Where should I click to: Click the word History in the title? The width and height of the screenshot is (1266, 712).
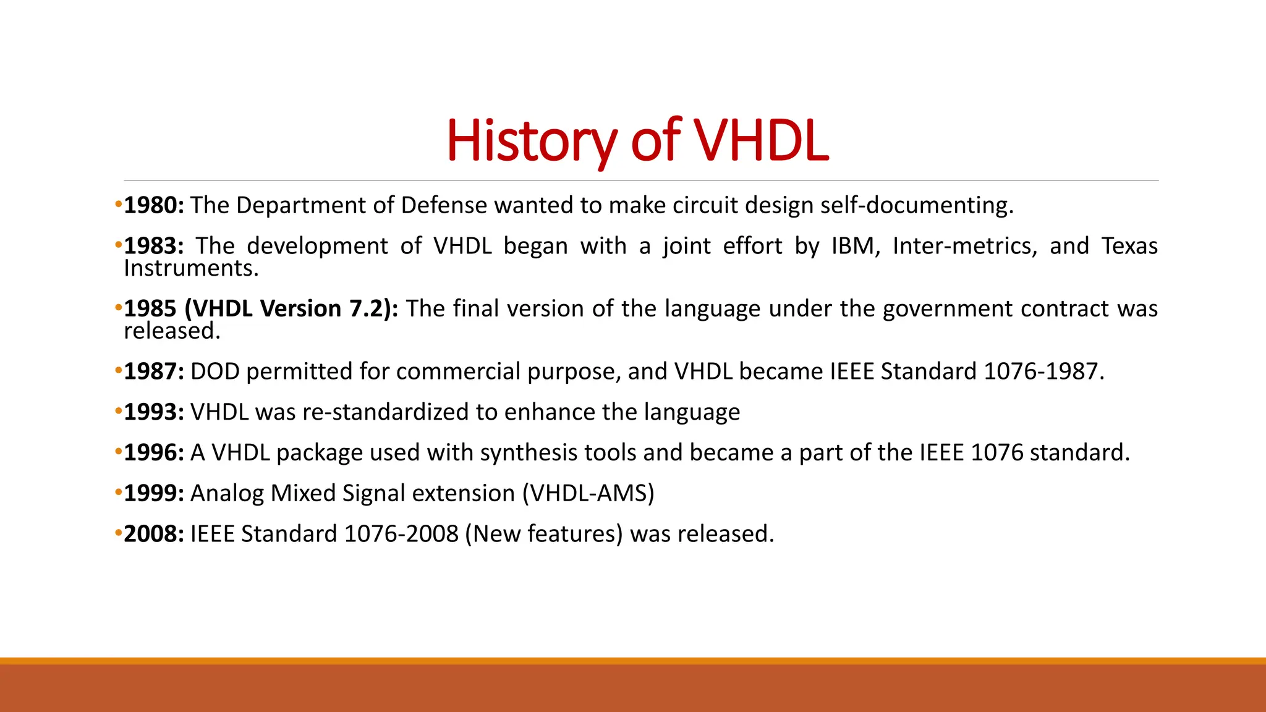click(530, 141)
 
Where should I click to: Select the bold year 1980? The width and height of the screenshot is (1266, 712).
click(154, 205)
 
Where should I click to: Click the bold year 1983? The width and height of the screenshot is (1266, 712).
click(154, 246)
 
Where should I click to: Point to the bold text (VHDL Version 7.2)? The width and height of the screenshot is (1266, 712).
click(292, 308)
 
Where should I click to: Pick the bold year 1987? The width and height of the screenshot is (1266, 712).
click(154, 371)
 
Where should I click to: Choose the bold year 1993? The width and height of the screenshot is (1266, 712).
click(154, 412)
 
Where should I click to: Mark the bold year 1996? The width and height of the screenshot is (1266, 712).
click(154, 453)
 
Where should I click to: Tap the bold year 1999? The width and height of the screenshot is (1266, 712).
click(154, 493)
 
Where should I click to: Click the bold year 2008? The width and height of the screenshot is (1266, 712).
click(154, 534)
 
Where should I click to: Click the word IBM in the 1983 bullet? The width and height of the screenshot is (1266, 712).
click(856, 246)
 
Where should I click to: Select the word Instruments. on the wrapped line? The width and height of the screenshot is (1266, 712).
click(191, 268)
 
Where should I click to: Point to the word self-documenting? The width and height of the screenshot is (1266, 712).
click(917, 205)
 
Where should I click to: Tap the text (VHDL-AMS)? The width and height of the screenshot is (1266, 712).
click(588, 493)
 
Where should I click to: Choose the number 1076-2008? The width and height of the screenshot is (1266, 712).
click(401, 534)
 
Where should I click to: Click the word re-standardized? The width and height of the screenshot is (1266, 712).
click(385, 412)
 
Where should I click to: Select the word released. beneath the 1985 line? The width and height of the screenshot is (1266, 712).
click(172, 331)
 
